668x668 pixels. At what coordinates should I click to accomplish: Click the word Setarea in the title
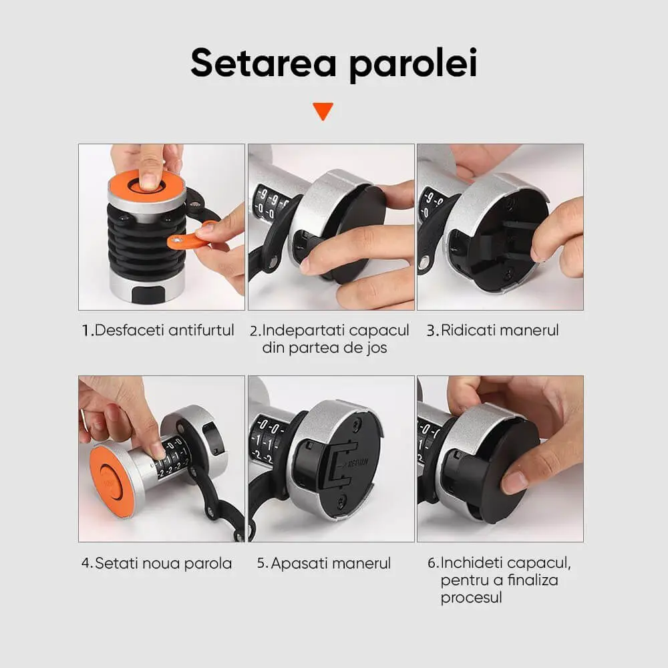coord(264,63)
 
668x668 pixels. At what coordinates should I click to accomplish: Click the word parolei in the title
coord(413,65)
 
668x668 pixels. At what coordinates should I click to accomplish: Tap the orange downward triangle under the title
coord(323,111)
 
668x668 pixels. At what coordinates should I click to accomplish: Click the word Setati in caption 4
coord(116,563)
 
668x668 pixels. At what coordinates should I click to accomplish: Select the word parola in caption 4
coord(207,564)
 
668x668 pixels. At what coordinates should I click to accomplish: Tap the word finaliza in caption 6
coord(533,580)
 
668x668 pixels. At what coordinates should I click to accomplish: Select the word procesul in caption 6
coord(472,598)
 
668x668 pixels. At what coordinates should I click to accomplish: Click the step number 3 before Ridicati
coord(431,331)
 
